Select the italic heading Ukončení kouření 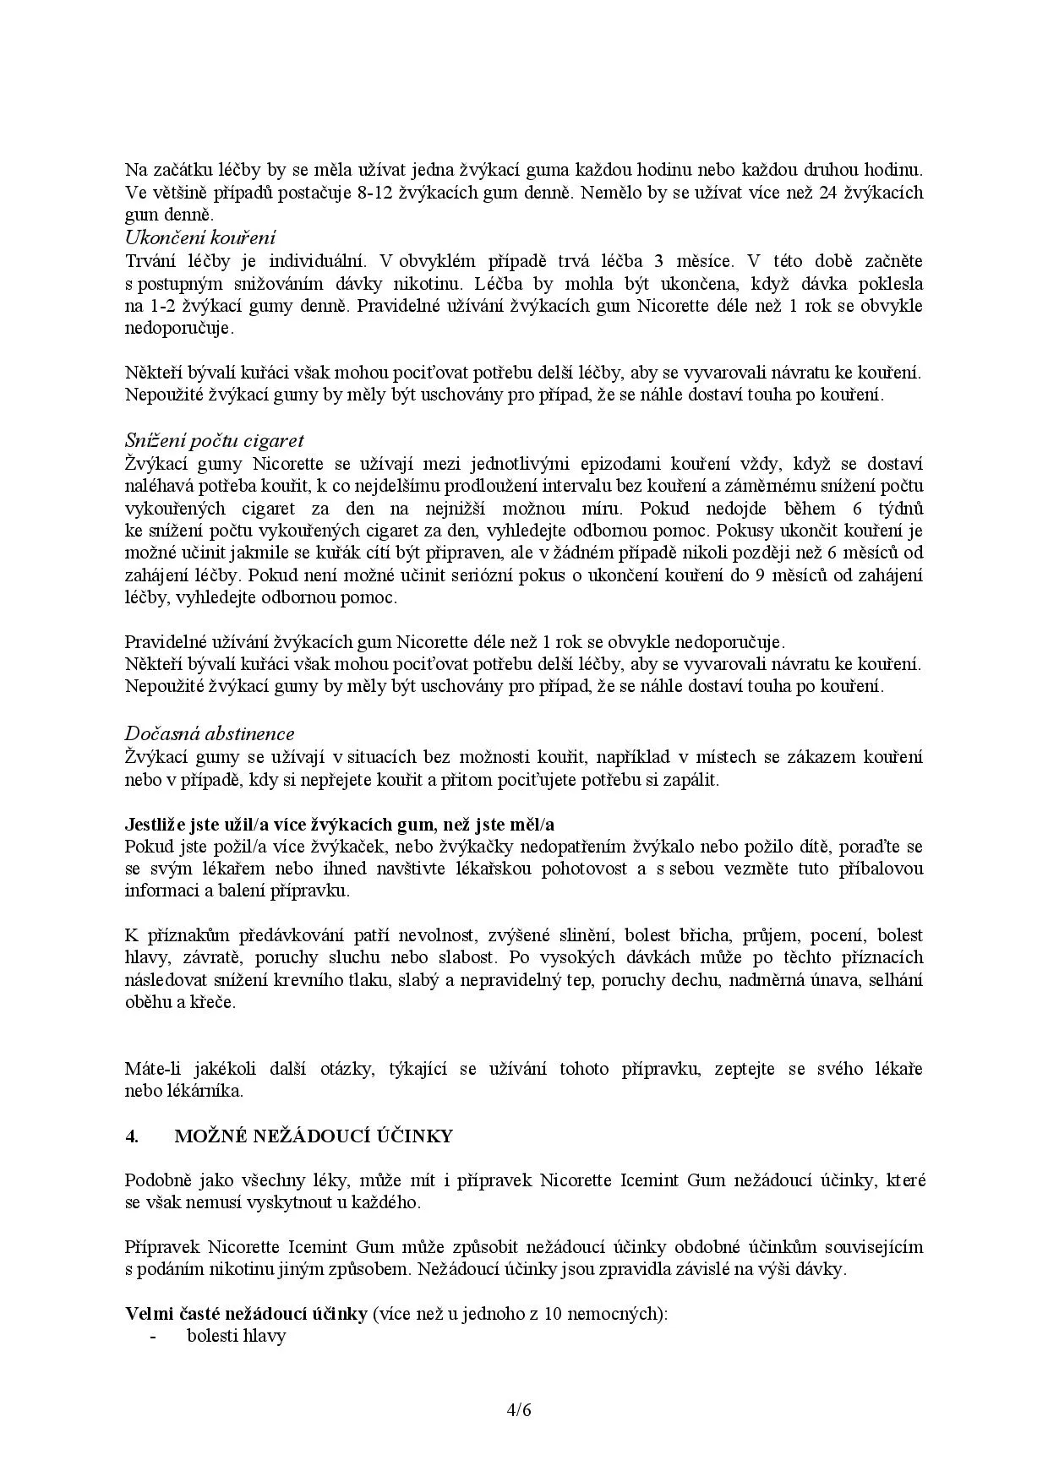point(200,237)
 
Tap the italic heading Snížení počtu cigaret point(214,440)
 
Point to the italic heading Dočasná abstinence point(210,733)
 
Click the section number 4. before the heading point(132,1136)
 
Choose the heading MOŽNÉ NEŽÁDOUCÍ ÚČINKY point(314,1136)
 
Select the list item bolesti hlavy point(237,1336)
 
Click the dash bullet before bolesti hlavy point(152,1336)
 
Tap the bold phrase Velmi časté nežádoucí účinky point(246,1314)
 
